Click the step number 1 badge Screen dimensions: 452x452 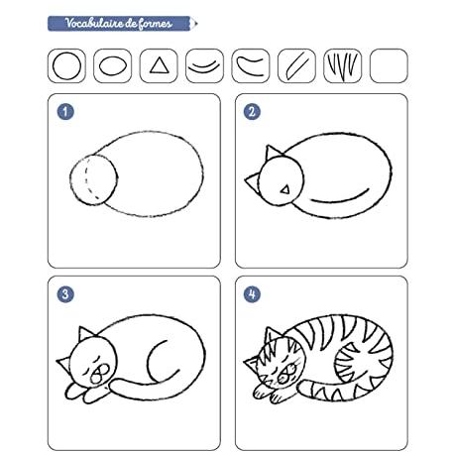[65, 111]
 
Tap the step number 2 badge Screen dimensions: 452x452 [252, 111]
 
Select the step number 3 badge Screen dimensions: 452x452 [65, 294]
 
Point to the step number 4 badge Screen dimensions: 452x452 [252, 294]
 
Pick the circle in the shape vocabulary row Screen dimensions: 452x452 [66, 65]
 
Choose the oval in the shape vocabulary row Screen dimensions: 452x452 [113, 66]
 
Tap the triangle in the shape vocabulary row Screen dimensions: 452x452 [160, 65]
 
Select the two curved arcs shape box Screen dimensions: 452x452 [204, 65]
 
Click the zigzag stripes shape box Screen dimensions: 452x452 [343, 65]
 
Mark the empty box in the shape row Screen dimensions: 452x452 [389, 65]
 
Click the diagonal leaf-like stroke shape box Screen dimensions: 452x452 [296, 65]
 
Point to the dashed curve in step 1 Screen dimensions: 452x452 [85, 179]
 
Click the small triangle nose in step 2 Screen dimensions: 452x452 [285, 189]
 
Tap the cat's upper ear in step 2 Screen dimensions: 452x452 [274, 152]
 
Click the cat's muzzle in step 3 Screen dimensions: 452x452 [100, 374]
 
